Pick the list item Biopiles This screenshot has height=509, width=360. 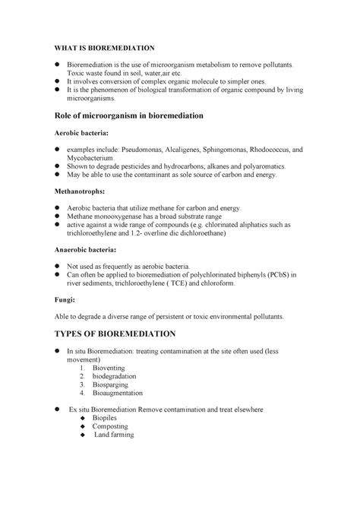[x=107, y=417]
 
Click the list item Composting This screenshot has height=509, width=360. [x=112, y=426]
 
